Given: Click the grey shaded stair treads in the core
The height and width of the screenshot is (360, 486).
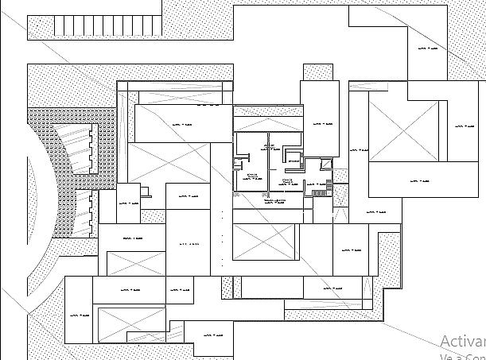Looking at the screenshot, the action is pyautogui.click(x=319, y=189).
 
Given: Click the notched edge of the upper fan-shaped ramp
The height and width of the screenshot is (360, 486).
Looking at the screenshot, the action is pyautogui.click(x=94, y=145).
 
